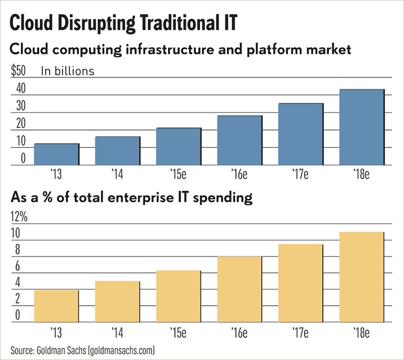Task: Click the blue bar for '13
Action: tap(57, 154)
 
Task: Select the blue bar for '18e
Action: tap(362, 127)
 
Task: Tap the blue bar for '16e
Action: tap(240, 140)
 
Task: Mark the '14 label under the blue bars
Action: tap(117, 173)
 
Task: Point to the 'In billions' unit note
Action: tap(68, 72)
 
